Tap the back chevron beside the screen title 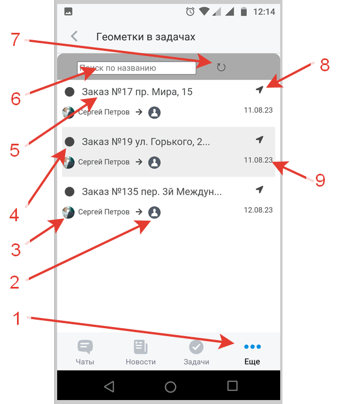click(74, 36)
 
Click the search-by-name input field click(136, 68)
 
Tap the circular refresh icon click(221, 67)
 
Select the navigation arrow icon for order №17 click(259, 89)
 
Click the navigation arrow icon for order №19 click(259, 139)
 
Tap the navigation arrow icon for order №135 click(259, 190)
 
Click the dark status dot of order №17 click(70, 92)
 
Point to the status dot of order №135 click(70, 192)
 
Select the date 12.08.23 click(258, 210)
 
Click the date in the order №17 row click(258, 110)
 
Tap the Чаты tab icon click(85, 347)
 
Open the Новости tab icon click(141, 347)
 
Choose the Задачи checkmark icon click(196, 347)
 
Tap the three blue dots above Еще click(252, 347)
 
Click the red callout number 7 click(15, 40)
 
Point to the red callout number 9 click(320, 180)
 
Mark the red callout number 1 click(17, 318)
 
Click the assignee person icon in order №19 click(155, 162)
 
